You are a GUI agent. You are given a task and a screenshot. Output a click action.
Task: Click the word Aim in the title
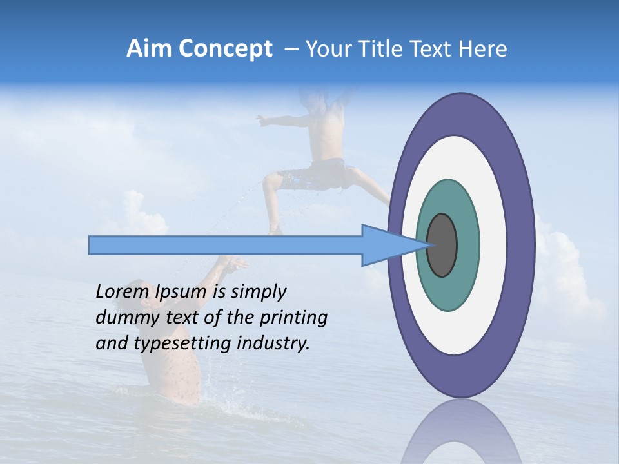click(x=149, y=49)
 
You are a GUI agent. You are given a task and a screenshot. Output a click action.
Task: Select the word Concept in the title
click(x=225, y=49)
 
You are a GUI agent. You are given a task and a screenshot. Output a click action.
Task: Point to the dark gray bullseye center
click(x=442, y=246)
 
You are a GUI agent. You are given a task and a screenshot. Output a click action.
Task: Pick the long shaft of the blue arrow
click(x=226, y=246)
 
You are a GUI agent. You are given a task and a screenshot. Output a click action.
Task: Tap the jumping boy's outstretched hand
click(x=261, y=120)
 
